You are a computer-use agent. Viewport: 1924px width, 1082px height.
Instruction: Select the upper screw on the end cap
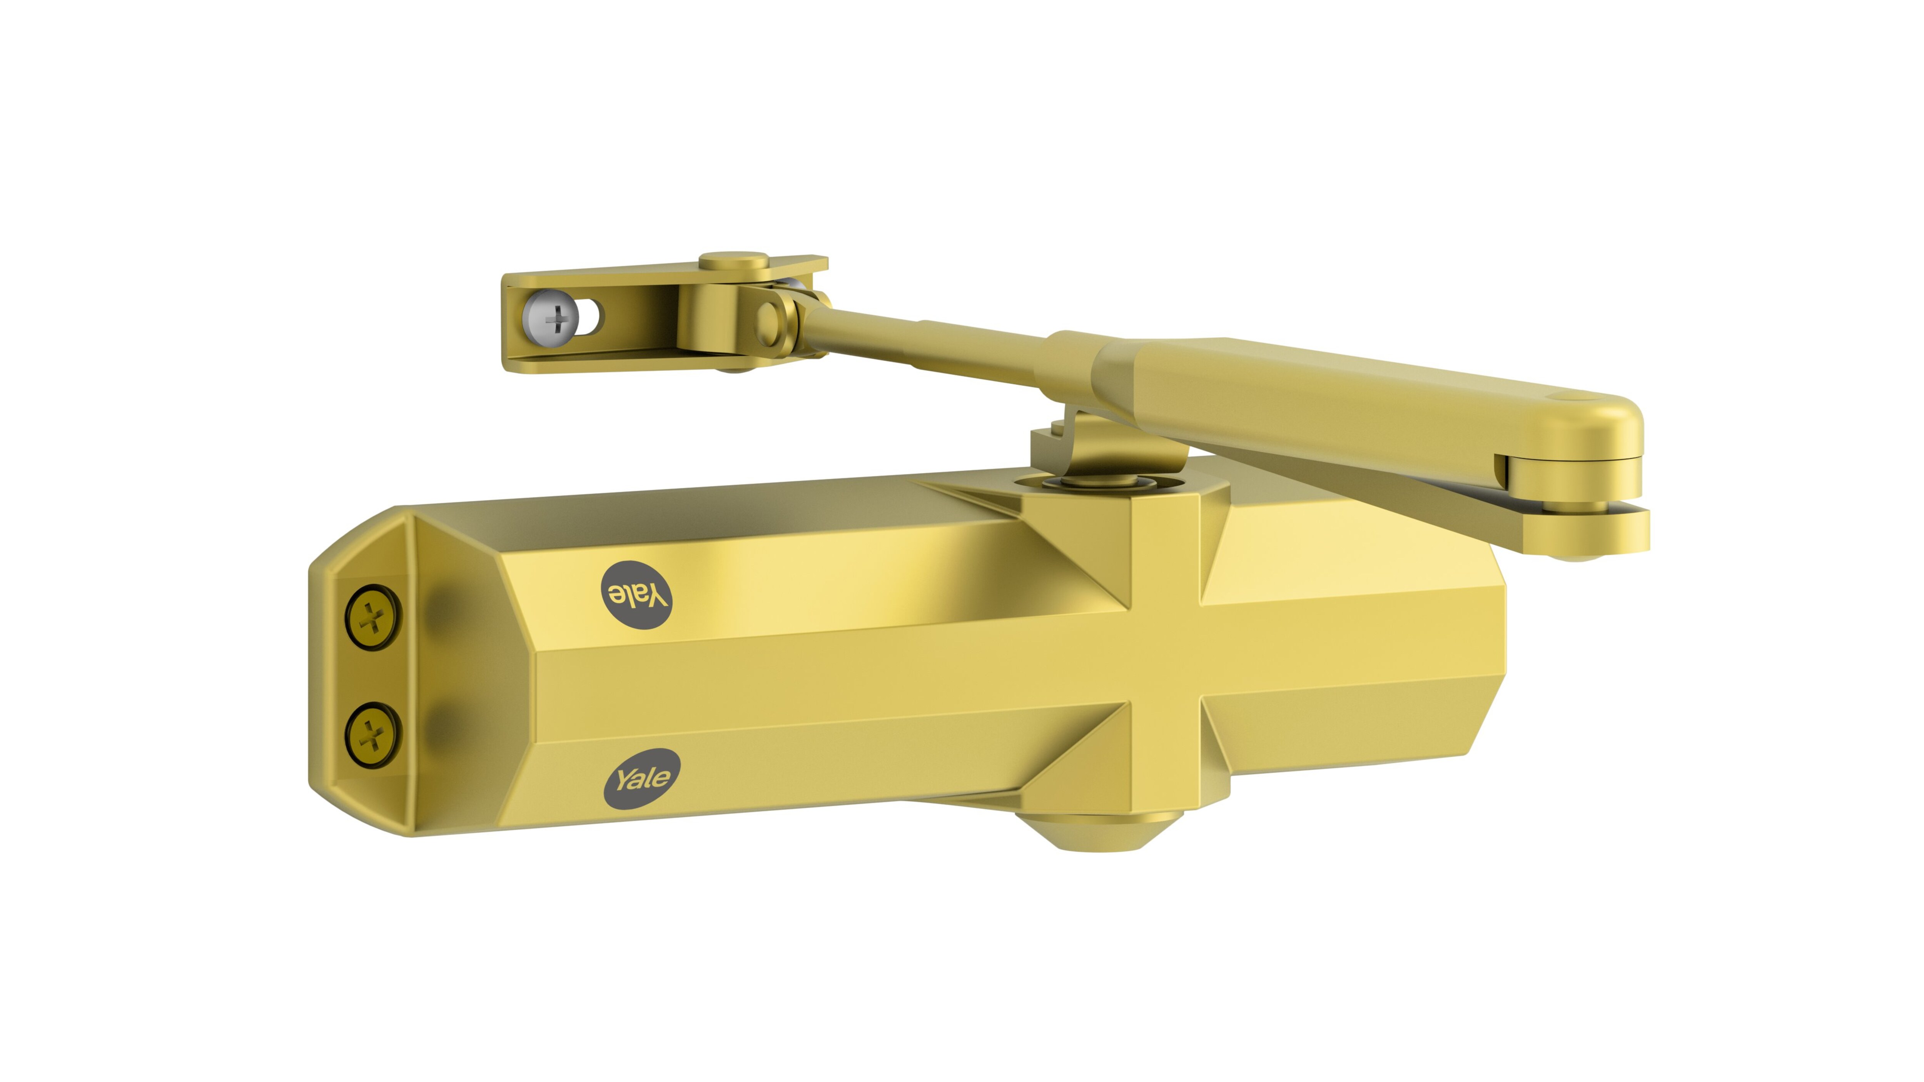pyautogui.click(x=372, y=617)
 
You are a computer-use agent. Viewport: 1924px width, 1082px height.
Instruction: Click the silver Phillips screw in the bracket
pyautogui.click(x=552, y=320)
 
